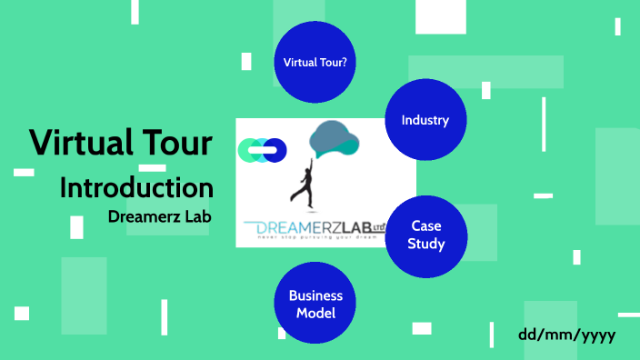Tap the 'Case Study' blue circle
point(426,235)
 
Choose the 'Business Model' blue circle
point(315,305)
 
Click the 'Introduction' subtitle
point(136,188)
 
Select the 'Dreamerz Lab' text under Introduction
point(159,219)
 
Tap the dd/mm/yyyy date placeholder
point(567,334)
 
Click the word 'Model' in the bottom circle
point(315,314)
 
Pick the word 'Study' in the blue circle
point(426,244)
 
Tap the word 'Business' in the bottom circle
point(315,296)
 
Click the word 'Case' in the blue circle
point(426,226)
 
